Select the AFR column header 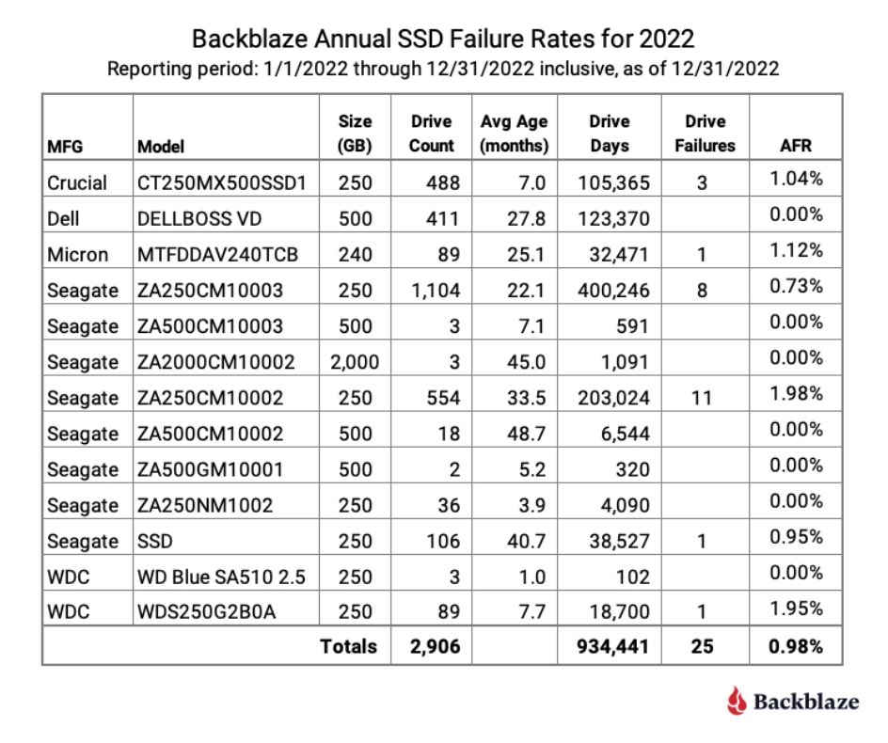tap(796, 146)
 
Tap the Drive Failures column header tap(706, 134)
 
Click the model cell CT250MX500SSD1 tap(221, 182)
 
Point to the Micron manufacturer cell tap(77, 254)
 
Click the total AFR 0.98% tap(797, 646)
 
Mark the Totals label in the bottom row tap(348, 646)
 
